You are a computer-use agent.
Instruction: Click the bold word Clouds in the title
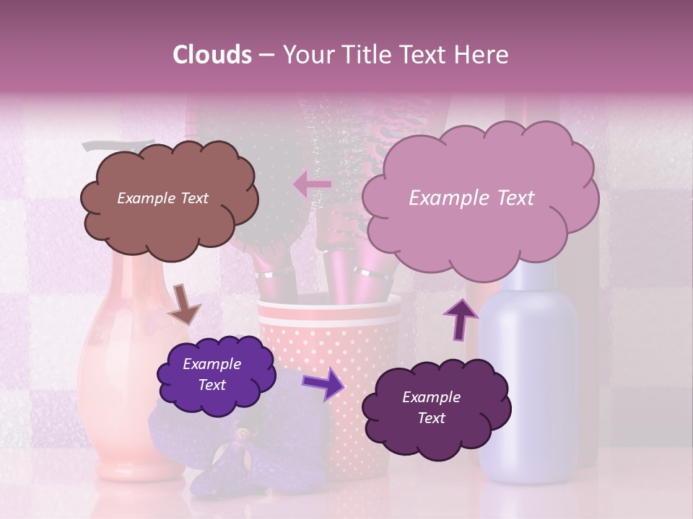(212, 55)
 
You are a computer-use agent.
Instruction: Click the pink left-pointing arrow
(312, 184)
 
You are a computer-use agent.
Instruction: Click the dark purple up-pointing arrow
(461, 318)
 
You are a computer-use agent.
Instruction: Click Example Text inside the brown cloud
(162, 198)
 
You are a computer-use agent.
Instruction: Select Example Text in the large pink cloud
(471, 198)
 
